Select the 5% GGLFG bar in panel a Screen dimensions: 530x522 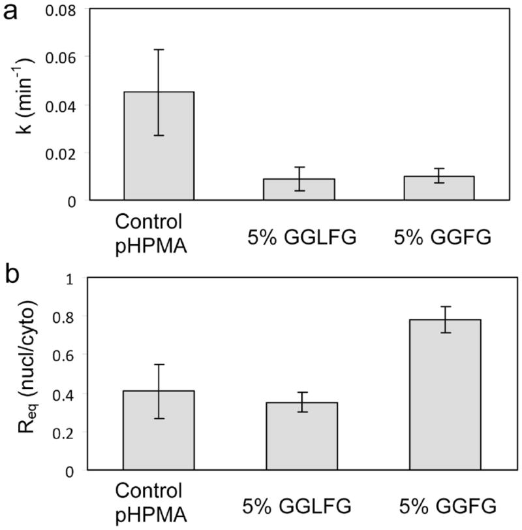point(299,190)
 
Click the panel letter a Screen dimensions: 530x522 point(11,14)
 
